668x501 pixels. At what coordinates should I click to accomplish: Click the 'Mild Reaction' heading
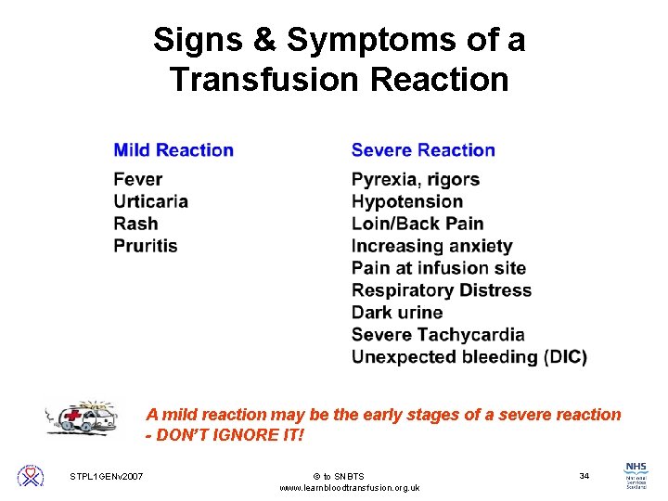click(173, 150)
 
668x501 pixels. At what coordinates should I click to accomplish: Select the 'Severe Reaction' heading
click(423, 150)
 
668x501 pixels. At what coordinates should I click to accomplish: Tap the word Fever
click(138, 179)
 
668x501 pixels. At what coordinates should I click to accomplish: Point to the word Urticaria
click(151, 201)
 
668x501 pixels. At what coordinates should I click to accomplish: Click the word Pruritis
click(146, 246)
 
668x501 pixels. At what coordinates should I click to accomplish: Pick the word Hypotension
click(407, 201)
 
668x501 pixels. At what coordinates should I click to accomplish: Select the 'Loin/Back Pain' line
click(417, 224)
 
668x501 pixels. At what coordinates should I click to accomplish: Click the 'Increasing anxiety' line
click(432, 246)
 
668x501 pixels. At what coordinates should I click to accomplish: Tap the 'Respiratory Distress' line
click(442, 290)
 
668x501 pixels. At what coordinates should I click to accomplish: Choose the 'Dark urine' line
click(397, 313)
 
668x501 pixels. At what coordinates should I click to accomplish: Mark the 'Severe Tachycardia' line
click(438, 335)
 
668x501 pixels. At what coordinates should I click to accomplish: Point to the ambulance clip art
click(83, 417)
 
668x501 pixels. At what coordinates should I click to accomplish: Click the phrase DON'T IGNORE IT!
click(231, 435)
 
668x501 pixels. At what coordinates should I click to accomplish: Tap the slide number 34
click(584, 476)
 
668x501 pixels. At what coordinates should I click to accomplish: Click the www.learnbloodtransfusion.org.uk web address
click(349, 488)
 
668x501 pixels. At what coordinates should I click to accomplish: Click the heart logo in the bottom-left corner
click(31, 476)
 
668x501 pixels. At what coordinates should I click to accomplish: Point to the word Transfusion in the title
click(265, 80)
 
